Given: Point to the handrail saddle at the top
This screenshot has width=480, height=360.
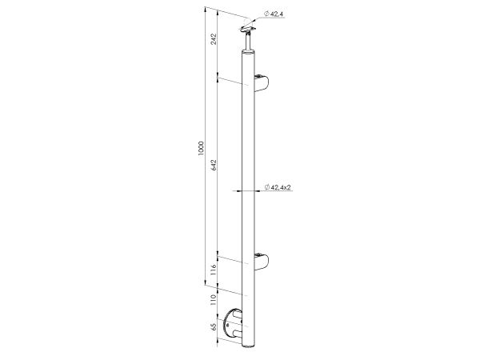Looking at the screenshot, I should pyautogui.click(x=248, y=30).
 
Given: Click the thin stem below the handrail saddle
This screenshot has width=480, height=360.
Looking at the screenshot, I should pyautogui.click(x=249, y=41).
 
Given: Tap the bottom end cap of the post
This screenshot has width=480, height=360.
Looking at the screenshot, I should pyautogui.click(x=249, y=346).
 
